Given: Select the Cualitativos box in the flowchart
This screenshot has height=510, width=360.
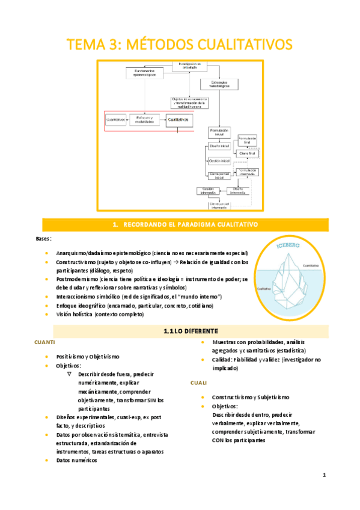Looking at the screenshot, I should click(x=178, y=120).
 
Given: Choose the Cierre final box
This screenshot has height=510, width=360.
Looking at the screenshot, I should click(x=247, y=154).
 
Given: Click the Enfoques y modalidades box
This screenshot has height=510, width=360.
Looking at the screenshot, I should click(x=145, y=120).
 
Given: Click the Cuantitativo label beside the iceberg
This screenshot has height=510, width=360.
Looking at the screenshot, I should click(x=311, y=265).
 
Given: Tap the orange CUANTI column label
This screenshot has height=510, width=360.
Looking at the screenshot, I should click(x=46, y=342).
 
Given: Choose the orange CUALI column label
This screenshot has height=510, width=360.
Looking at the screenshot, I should click(x=198, y=382).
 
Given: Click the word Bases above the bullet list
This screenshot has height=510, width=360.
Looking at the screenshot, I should click(x=43, y=239).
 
